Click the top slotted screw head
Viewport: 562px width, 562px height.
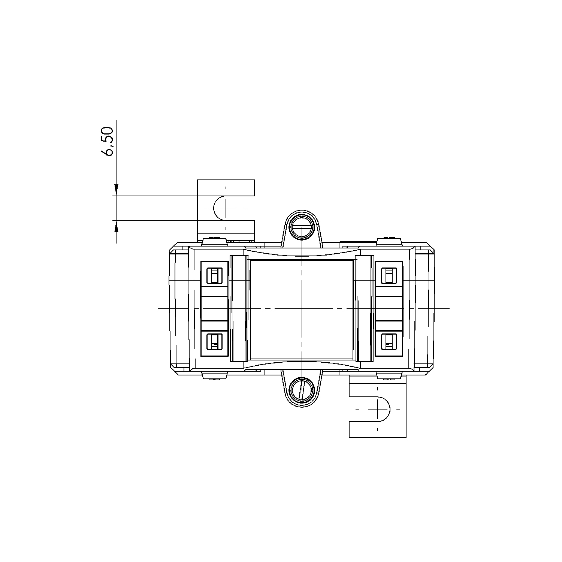pos(302,227)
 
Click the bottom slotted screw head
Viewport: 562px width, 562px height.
pos(302,389)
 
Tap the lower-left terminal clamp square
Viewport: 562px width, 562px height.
pos(214,341)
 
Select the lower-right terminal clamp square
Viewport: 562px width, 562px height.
pos(389,341)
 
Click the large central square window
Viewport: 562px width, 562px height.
pos(302,309)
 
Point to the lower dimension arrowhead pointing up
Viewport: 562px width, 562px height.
pos(117,226)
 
